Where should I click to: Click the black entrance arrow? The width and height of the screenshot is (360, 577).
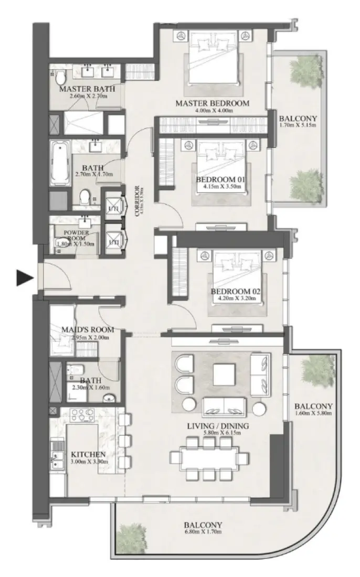coord(25,278)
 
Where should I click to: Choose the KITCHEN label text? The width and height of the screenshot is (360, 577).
coord(89,454)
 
